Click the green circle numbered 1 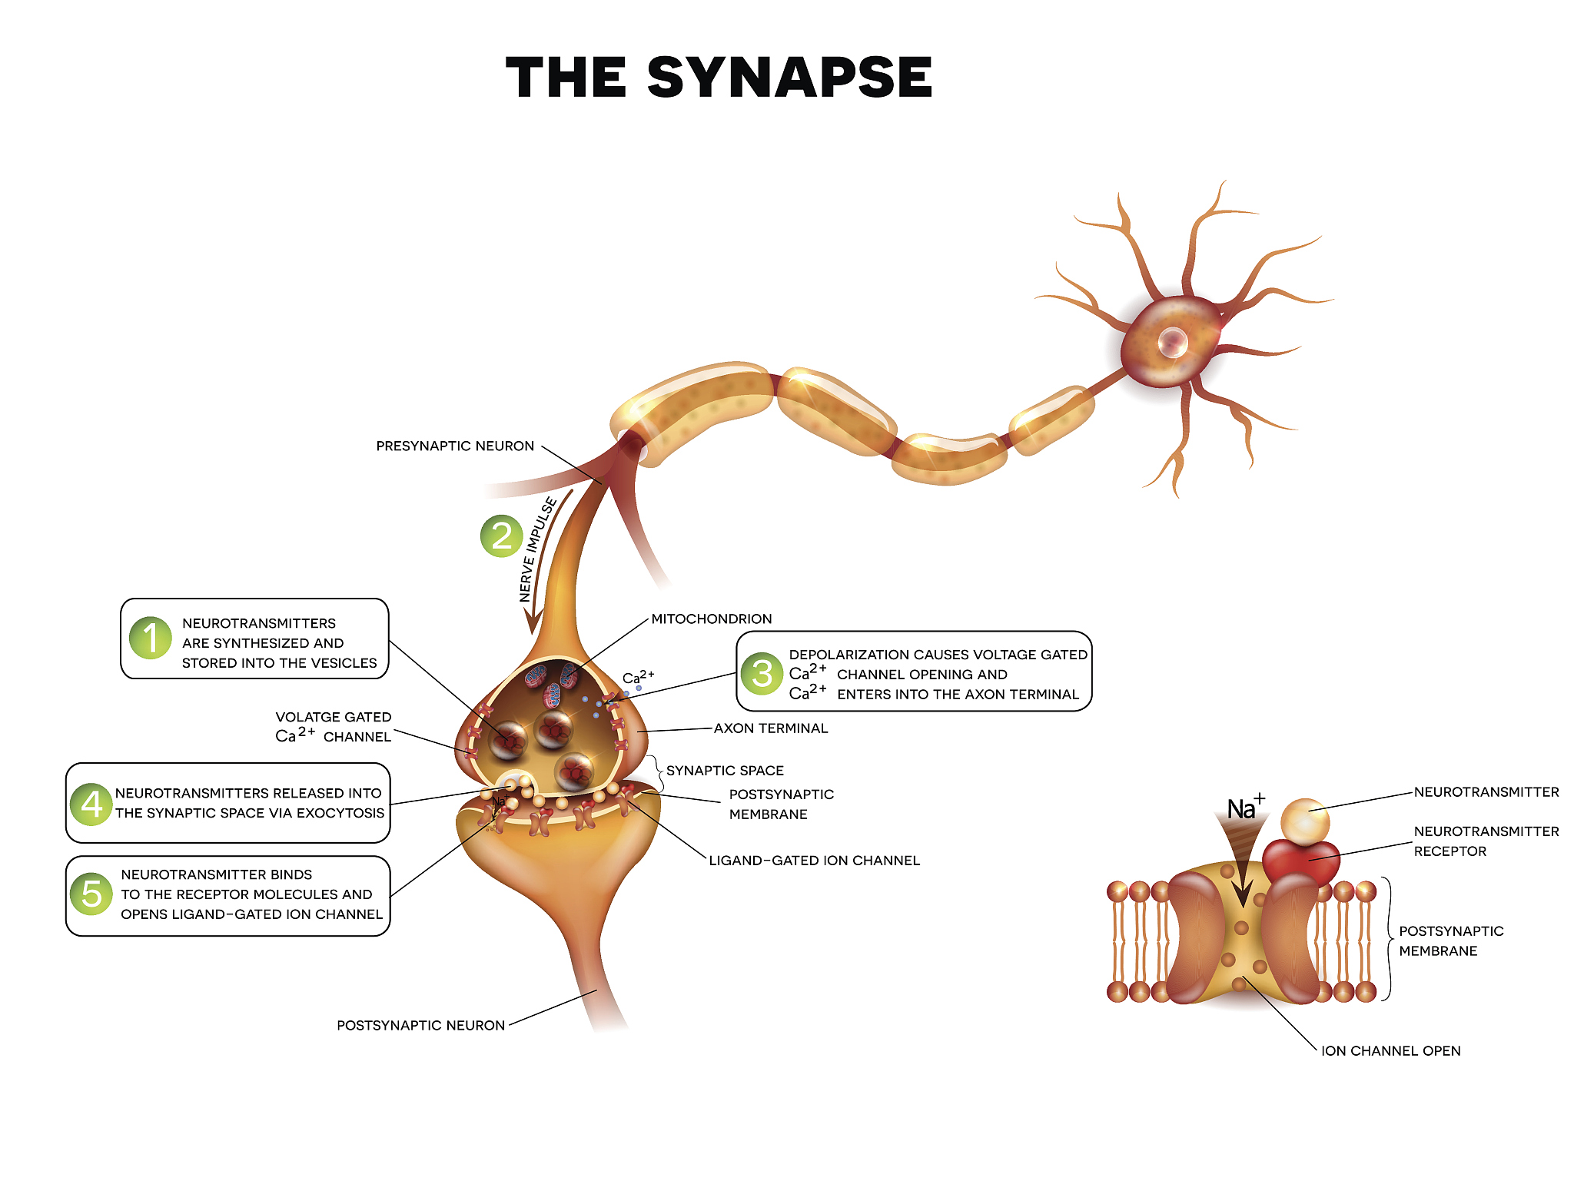pos(151,638)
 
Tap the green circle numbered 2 pos(501,536)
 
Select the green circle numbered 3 pos(762,673)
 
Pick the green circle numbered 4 pos(91,804)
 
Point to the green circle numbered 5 pos(91,893)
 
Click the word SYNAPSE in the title pos(789,78)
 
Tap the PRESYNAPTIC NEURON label pos(455,446)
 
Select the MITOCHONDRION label pos(712,619)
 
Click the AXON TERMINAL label pos(771,728)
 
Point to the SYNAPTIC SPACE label pos(725,771)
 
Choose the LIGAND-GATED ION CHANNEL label pos(814,861)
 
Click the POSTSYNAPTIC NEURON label pos(420,1026)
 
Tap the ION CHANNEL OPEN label pos(1391,1051)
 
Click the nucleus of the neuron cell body pos(1173,341)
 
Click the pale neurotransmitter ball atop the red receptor pos(1304,820)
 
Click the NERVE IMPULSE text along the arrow pos(537,549)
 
